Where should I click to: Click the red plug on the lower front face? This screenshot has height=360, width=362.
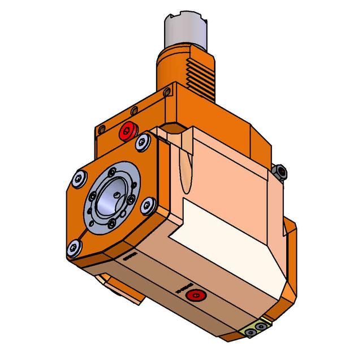pos(196,295)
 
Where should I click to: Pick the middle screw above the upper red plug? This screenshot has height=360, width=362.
pos(133,110)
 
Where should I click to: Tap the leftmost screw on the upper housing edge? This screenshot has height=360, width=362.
pos(102,128)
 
